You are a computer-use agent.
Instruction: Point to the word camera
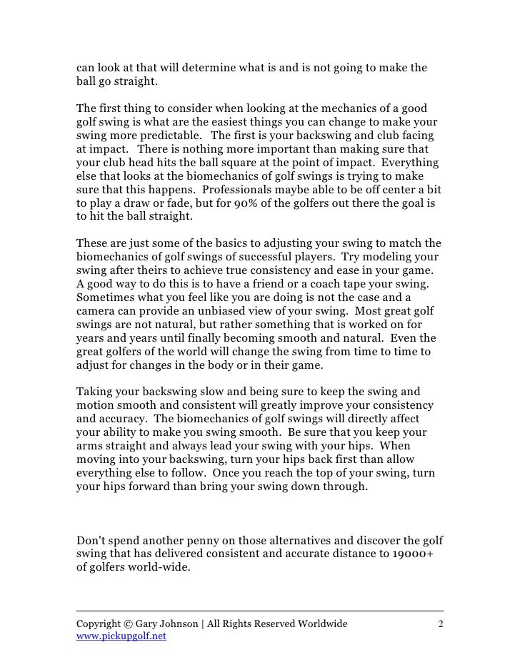97,312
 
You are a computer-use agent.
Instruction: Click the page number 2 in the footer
441,623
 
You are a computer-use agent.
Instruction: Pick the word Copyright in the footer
101,623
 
